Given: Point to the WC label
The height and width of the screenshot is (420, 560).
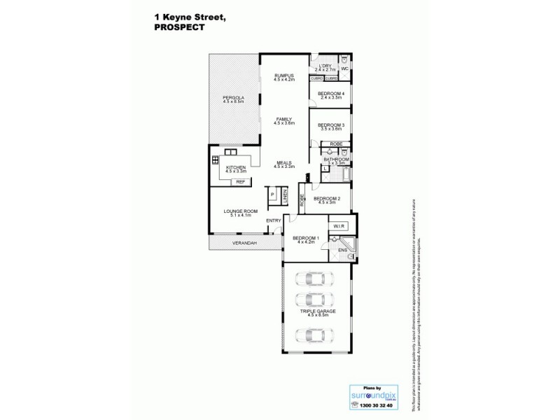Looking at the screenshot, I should point(344,69).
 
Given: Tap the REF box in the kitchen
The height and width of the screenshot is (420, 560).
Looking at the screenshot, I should point(240,181).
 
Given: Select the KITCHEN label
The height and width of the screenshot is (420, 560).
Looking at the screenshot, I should point(235,167).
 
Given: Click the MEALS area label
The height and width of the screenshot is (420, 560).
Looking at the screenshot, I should point(283,163).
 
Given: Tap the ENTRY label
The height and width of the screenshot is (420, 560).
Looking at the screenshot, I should point(274,221).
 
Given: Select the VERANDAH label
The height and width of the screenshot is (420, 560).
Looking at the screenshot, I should point(245,243).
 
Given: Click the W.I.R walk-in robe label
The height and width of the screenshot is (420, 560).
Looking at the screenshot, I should point(337,226).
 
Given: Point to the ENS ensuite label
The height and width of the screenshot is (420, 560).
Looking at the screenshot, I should point(342,248).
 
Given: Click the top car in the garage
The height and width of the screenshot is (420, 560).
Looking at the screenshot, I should point(311,279).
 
